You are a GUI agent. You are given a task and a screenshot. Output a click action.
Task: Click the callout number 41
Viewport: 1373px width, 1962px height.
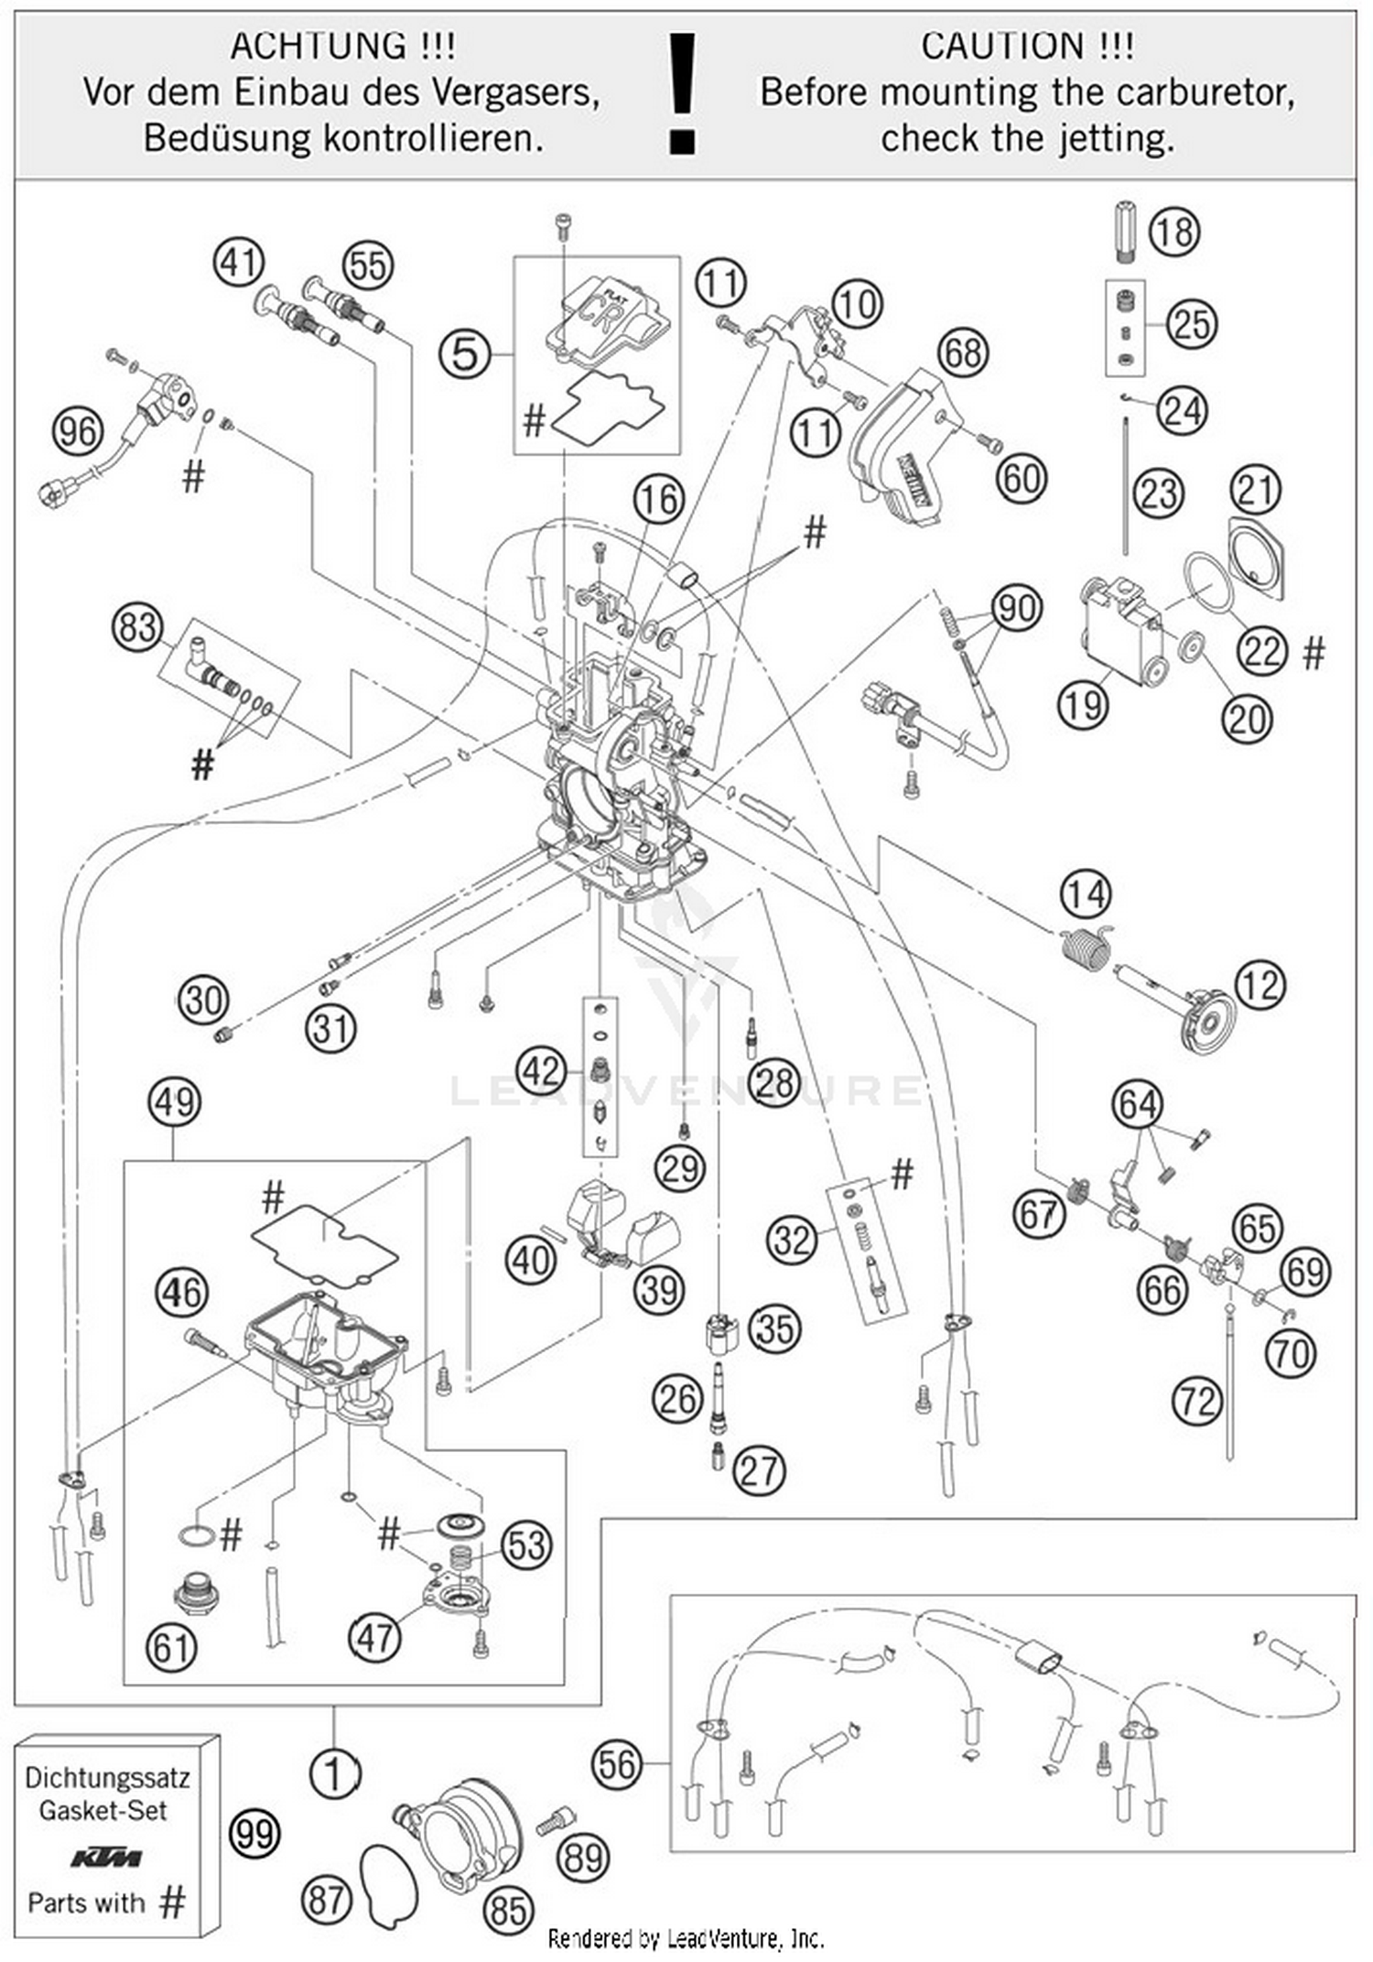(x=239, y=263)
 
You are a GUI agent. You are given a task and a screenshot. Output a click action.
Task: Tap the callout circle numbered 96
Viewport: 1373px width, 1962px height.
(x=77, y=430)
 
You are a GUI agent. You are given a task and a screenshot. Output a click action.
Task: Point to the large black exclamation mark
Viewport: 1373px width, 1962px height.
(x=683, y=92)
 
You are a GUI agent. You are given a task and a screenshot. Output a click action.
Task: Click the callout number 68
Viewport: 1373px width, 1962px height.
(x=963, y=352)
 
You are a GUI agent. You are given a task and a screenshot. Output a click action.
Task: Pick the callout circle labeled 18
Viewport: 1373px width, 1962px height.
(x=1174, y=232)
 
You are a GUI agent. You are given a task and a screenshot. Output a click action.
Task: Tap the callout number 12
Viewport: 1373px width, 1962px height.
(x=1260, y=985)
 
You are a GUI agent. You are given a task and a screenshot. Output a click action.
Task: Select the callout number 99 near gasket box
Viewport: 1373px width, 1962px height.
(x=254, y=1834)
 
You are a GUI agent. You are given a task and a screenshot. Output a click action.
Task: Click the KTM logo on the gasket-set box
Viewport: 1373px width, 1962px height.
(x=106, y=1858)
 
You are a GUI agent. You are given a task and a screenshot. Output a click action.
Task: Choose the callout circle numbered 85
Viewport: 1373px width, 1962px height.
(x=509, y=1910)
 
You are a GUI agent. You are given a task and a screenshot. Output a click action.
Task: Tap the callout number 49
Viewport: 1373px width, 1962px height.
(x=174, y=1101)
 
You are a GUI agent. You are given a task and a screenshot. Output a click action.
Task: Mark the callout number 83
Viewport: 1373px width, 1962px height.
(x=137, y=628)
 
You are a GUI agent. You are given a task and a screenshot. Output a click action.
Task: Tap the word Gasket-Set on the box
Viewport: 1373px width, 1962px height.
(x=103, y=1810)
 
